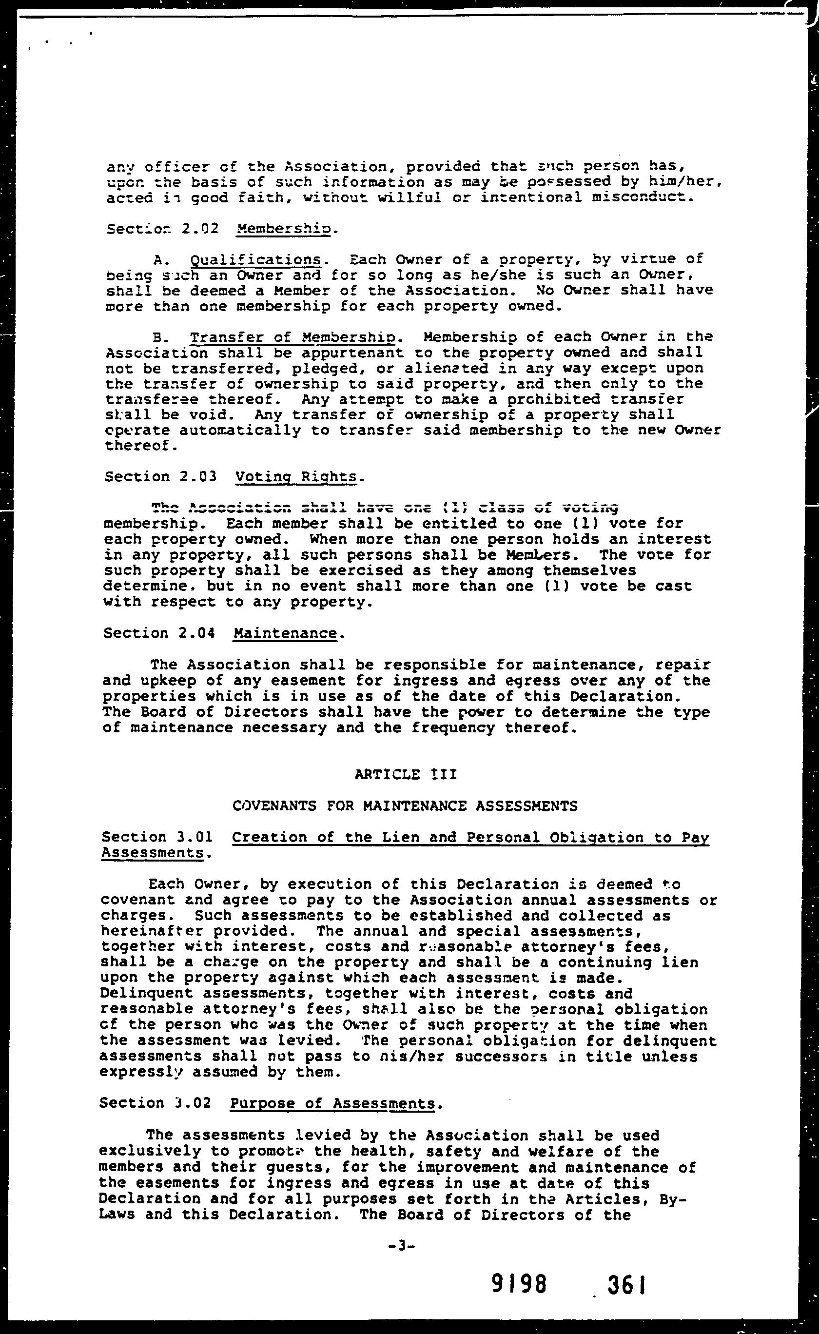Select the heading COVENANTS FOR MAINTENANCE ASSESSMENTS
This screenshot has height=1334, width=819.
click(405, 806)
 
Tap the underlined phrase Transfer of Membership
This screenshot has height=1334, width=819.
click(294, 337)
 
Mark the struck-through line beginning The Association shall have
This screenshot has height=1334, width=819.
click(385, 508)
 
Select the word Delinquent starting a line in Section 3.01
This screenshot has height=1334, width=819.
click(147, 993)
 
